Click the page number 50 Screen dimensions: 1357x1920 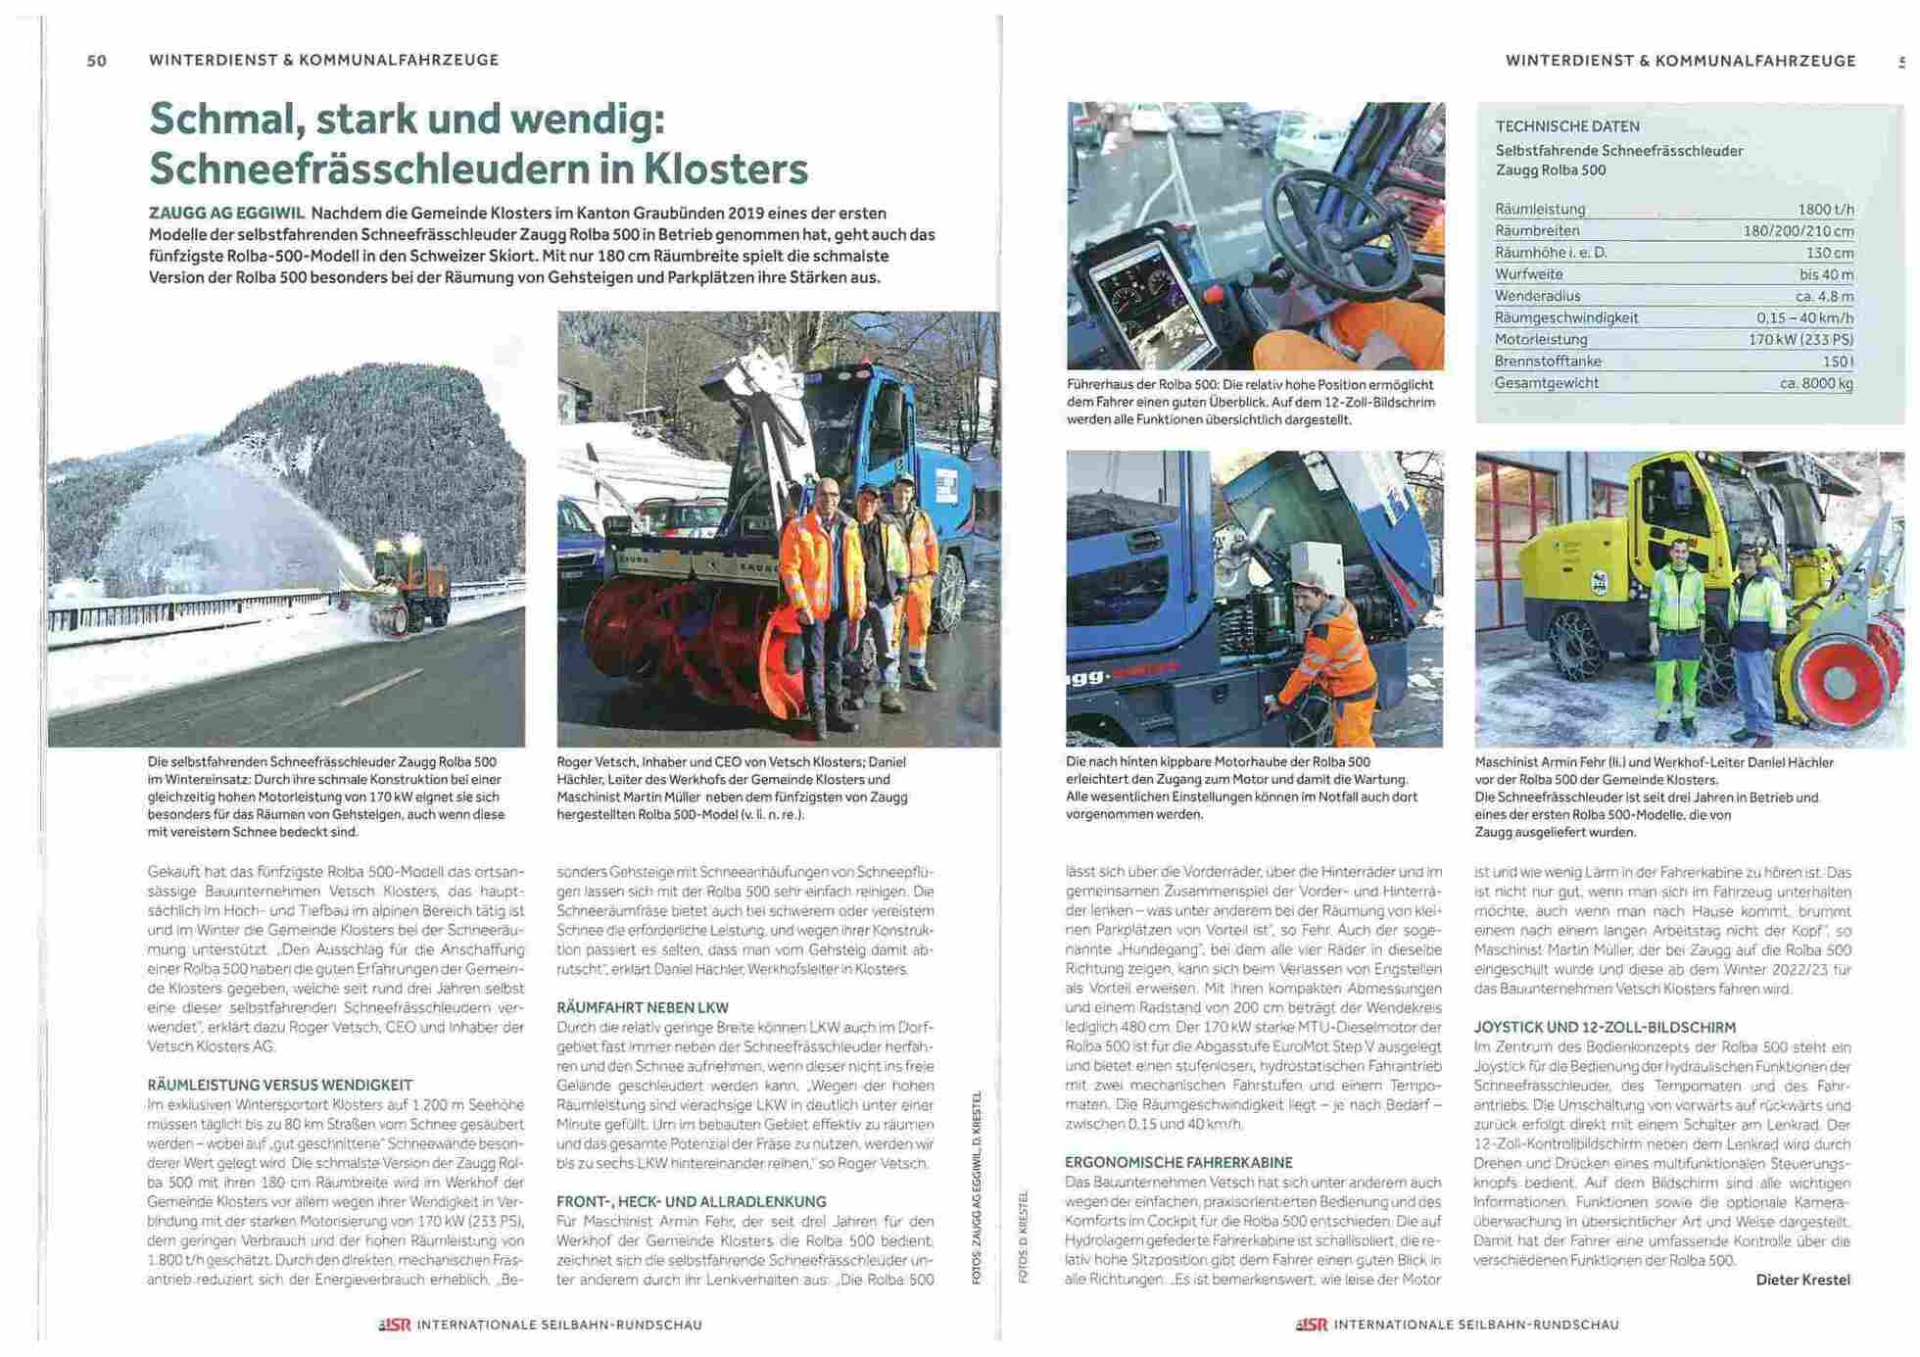pos(97,61)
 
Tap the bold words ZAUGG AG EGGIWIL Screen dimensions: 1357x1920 pos(226,213)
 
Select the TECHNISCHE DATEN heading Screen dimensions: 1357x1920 pos(1566,126)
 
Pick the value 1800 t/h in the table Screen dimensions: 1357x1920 pos(1824,210)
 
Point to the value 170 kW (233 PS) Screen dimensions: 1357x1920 pos(1800,340)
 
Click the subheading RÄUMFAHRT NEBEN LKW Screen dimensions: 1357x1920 pos(643,1007)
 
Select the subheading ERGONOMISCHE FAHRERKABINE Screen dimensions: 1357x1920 pos(1178,1162)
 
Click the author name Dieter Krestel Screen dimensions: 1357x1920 pos(1802,1280)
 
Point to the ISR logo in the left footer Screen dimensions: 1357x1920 pos(395,1325)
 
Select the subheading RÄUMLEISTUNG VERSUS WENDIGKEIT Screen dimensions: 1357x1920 pos(279,1085)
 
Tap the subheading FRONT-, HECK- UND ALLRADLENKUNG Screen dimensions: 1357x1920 pos(692,1201)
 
